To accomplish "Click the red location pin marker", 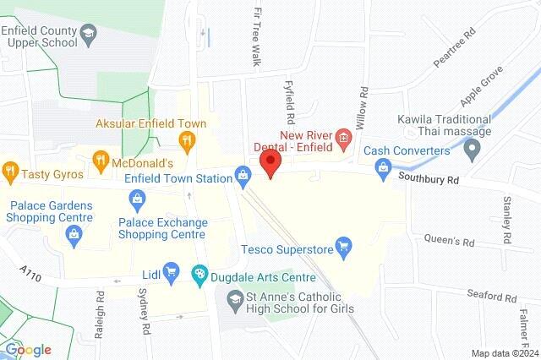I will point(270,163).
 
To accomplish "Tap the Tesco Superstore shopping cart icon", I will point(343,248).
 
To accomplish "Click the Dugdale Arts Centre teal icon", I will point(199,272).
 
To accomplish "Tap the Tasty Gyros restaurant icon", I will point(11,171).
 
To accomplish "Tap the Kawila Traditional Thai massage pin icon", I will point(473,150).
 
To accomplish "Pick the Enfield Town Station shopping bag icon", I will point(243,176).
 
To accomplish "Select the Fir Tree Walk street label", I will point(257,38).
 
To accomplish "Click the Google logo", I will point(28,350).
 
